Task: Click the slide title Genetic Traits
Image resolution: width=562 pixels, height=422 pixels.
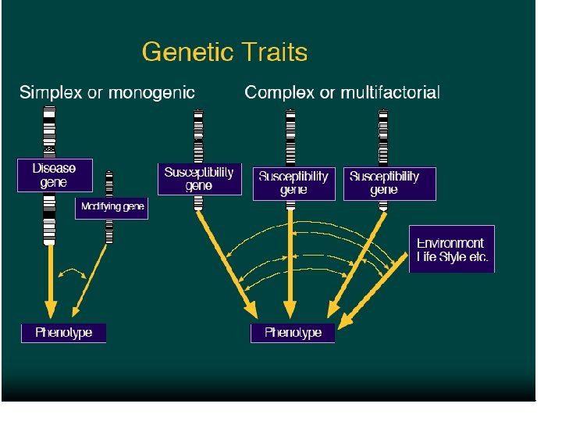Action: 225,52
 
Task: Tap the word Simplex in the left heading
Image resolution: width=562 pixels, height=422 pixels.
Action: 51,93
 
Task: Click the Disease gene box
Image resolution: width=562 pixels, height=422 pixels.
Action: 55,176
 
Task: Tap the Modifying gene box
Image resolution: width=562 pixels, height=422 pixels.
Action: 111,209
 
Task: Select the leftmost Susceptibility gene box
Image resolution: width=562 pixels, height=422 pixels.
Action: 199,179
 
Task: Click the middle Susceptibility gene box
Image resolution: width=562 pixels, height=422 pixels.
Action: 293,183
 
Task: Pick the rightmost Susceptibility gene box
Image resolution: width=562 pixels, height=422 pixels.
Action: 384,183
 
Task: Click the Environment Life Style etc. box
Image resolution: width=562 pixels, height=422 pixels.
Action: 451,249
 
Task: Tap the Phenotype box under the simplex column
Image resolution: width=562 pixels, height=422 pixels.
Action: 63,333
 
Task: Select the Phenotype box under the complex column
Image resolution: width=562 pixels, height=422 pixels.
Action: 293,333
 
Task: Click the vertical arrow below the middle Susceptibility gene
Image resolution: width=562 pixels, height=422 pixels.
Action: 290,266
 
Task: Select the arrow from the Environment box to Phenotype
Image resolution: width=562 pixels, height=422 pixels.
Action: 375,289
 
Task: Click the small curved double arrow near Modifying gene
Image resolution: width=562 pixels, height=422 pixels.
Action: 73,274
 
